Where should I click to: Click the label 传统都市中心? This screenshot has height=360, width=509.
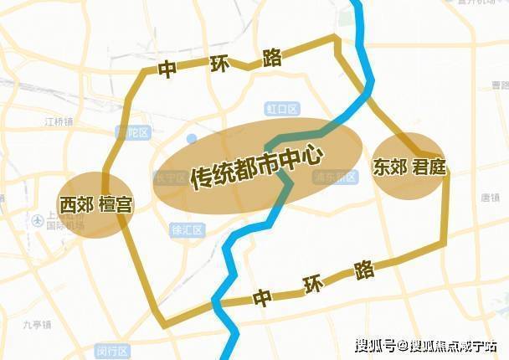click(x=256, y=165)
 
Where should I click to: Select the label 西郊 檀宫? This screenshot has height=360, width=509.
click(x=95, y=204)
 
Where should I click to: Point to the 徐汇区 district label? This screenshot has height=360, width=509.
click(x=187, y=229)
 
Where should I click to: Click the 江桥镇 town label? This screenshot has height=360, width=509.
click(x=59, y=121)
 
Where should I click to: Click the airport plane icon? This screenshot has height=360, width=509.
click(x=38, y=221)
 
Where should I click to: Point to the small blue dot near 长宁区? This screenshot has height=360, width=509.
click(x=192, y=138)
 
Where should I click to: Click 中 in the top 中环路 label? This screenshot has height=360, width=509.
click(x=167, y=70)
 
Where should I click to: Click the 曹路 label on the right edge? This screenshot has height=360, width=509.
click(x=500, y=85)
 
